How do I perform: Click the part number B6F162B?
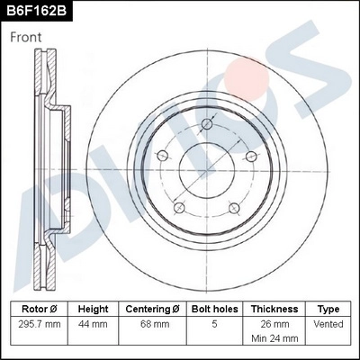[39, 11]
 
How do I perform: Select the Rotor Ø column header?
[39, 309]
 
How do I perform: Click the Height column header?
[93, 309]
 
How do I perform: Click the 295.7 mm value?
[39, 323]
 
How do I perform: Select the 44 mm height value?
[93, 323]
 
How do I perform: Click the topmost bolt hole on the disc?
[207, 123]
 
